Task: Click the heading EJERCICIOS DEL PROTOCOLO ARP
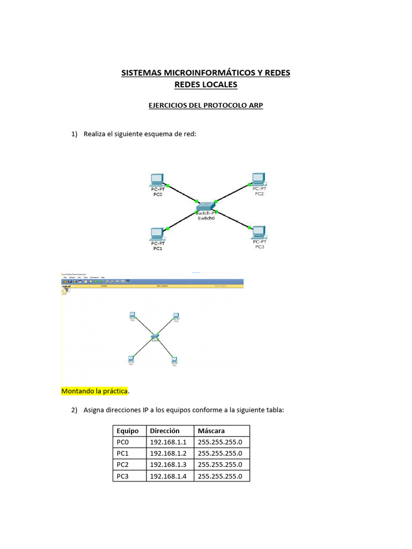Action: tap(205, 106)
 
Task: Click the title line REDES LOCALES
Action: tap(205, 85)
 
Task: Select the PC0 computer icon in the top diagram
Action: tap(157, 179)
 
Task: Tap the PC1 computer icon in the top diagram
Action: tap(157, 233)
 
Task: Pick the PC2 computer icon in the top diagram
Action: tap(259, 178)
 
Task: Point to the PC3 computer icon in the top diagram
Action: tap(259, 231)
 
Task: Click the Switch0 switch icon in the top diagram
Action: tap(205, 206)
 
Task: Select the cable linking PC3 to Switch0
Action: tap(232, 218)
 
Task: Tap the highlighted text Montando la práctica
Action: tap(95, 391)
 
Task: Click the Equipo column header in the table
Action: tap(128, 431)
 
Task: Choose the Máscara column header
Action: tap(211, 431)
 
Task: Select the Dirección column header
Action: tap(165, 431)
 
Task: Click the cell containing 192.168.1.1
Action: tap(168, 442)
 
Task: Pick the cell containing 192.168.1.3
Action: tap(168, 465)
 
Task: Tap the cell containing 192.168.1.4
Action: tap(168, 476)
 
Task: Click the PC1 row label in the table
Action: tap(123, 454)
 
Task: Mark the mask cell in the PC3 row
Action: tap(220, 476)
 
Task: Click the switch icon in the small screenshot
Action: tap(154, 337)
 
